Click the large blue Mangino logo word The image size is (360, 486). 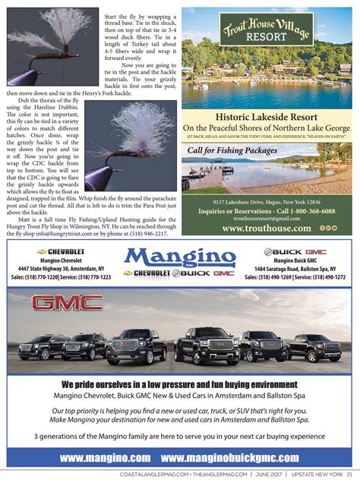tap(180, 256)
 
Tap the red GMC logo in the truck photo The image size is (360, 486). tap(67, 304)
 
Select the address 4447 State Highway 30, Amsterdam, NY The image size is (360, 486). tap(65, 268)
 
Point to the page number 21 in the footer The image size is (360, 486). tap(349, 476)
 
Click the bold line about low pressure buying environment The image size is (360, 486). tap(181, 383)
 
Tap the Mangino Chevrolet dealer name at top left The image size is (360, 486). tap(65, 260)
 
